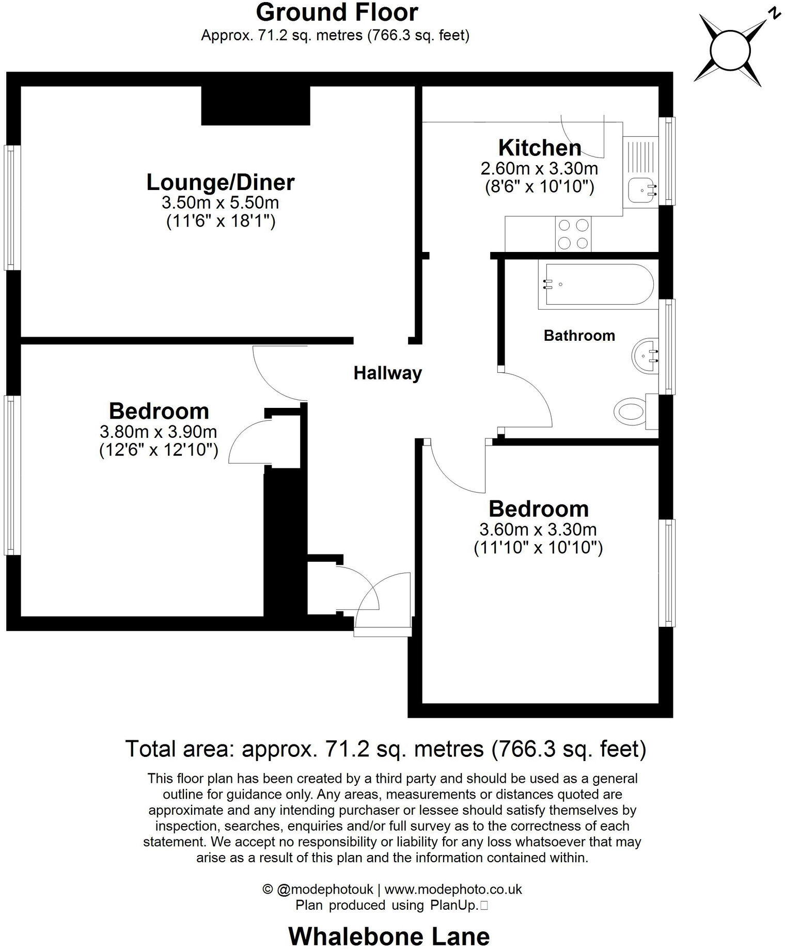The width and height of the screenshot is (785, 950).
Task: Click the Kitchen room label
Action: click(539, 148)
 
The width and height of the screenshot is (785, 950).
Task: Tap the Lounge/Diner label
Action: click(221, 182)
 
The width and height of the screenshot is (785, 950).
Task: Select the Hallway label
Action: click(387, 373)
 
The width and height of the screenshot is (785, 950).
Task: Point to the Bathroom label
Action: click(579, 336)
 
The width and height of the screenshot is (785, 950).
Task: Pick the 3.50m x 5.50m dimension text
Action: click(221, 202)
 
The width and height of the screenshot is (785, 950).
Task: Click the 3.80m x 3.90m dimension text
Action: click(158, 431)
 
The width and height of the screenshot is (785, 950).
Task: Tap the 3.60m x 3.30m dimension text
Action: click(538, 529)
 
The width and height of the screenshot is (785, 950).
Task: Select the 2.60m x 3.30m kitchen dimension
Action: click(539, 168)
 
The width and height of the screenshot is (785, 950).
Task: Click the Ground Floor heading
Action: click(337, 12)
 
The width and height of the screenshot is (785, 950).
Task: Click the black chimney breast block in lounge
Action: click(255, 105)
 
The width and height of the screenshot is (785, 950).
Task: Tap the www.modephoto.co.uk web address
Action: click(453, 889)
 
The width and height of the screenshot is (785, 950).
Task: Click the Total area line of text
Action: click(386, 748)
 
